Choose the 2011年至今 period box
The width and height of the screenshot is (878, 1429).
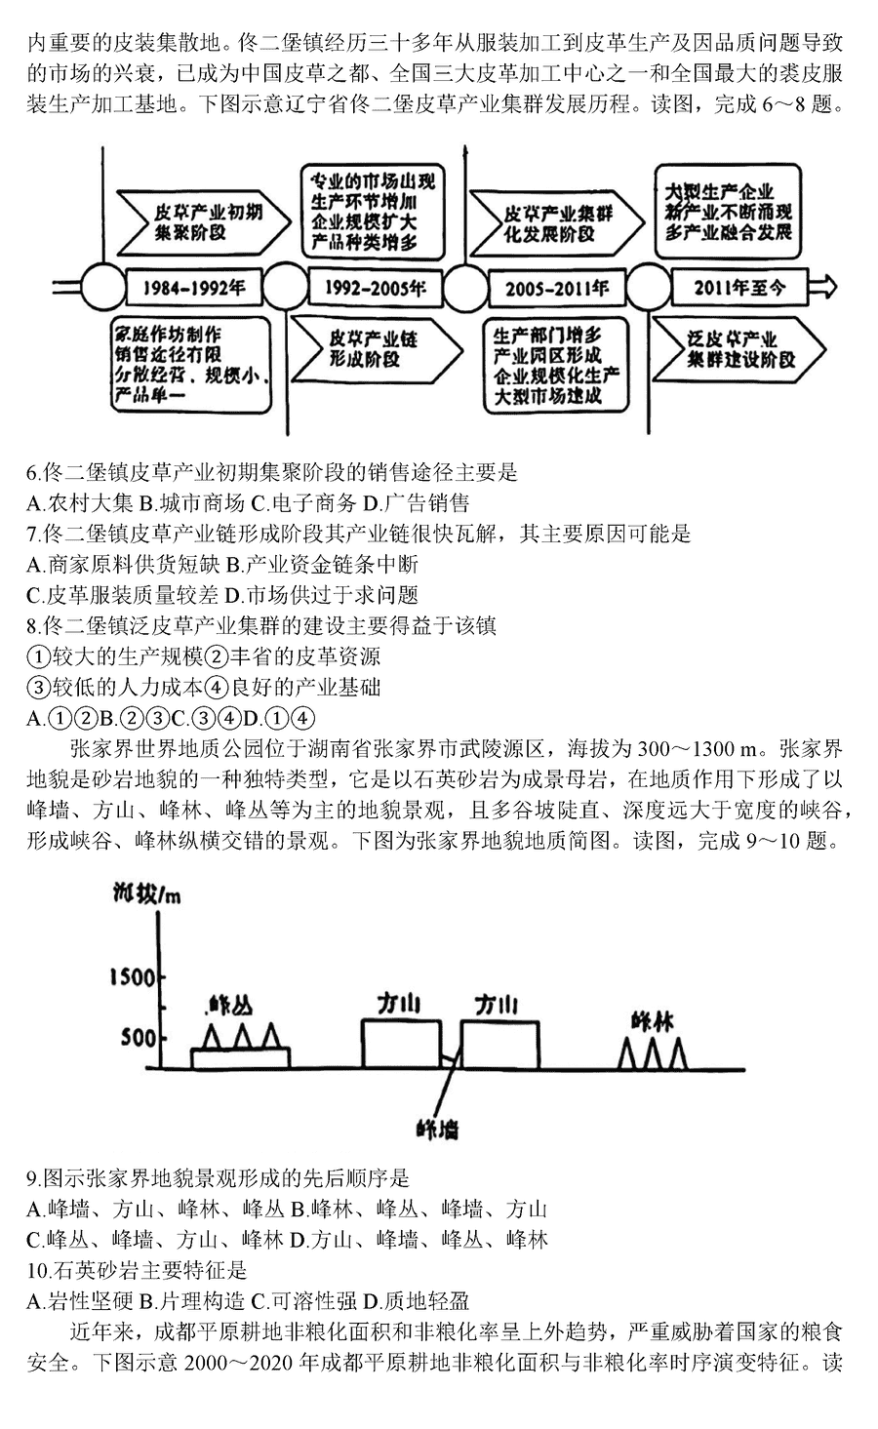739,288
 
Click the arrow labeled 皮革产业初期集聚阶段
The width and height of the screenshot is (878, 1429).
203,222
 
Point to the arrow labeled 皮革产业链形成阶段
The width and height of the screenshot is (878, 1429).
377,349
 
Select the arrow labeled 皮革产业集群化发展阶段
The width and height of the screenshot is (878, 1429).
556,223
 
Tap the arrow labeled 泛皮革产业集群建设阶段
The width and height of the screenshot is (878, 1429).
738,348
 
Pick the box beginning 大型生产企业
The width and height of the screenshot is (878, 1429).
728,211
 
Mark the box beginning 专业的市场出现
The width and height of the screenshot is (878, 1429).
373,211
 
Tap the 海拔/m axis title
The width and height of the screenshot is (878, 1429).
146,894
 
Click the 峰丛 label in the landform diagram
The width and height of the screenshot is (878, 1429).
230,1005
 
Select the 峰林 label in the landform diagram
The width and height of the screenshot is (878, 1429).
653,1021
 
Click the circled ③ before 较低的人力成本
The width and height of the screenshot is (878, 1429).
38,688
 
